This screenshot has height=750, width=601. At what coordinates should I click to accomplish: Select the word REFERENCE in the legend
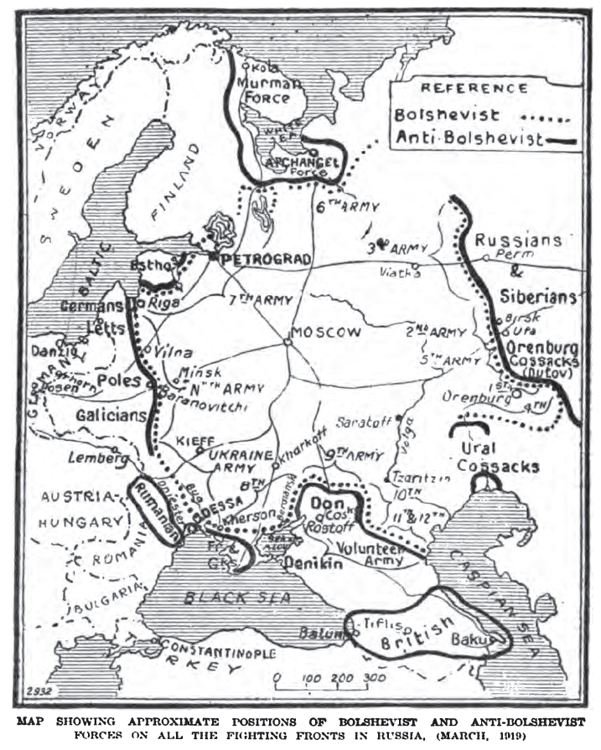pos(474,88)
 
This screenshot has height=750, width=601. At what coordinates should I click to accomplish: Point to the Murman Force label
pos(269,91)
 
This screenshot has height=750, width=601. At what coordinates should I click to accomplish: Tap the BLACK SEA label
pos(228,598)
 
